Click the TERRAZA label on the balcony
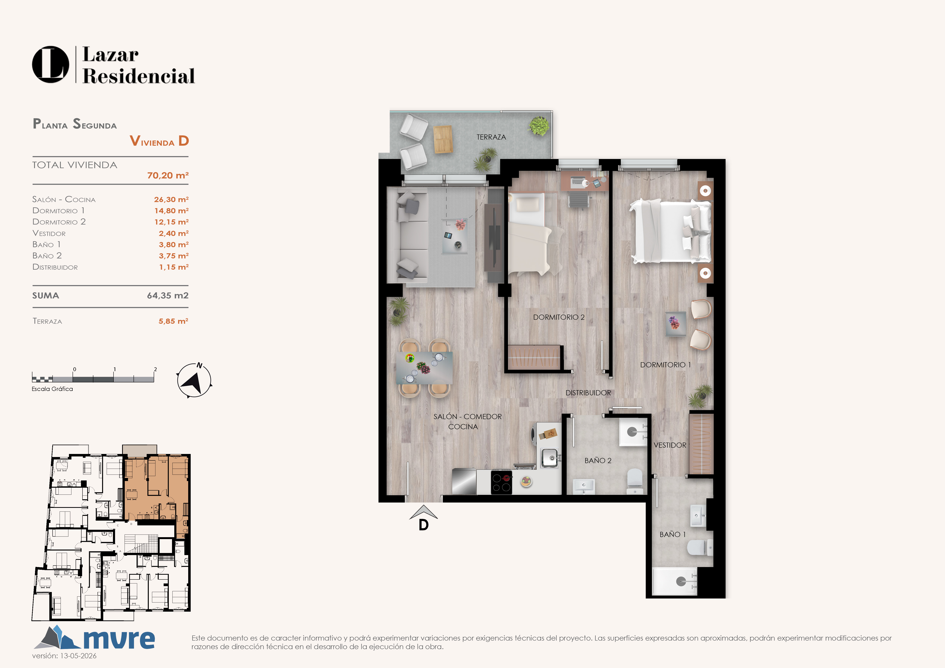tap(491, 137)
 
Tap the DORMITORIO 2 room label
tap(559, 317)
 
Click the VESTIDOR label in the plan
tap(670, 445)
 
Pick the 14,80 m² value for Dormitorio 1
tap(171, 211)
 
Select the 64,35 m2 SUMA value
tap(167, 295)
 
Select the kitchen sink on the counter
tap(550, 458)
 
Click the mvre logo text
tap(119, 639)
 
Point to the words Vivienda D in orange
tap(159, 141)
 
